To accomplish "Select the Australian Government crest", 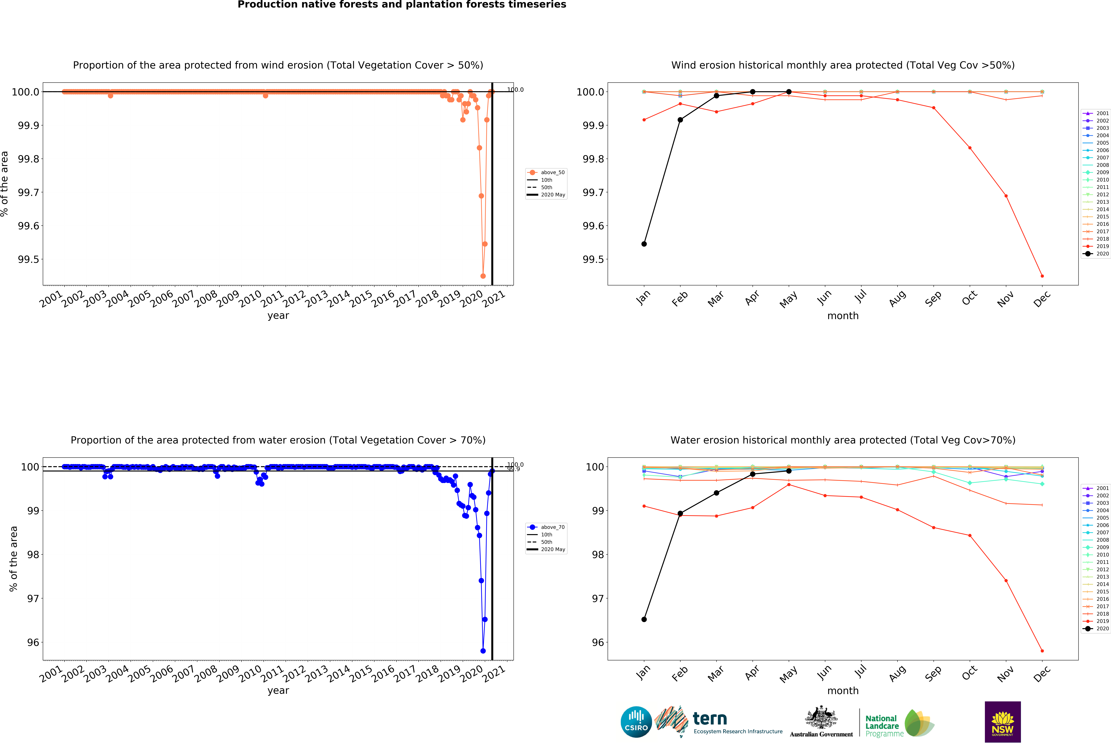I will pyautogui.click(x=821, y=717).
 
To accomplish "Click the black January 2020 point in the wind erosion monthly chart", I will pyautogui.click(x=644, y=244).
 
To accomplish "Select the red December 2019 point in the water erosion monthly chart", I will pyautogui.click(x=1042, y=651).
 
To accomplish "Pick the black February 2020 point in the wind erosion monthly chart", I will pyautogui.click(x=680, y=120).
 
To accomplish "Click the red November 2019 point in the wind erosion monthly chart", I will pyautogui.click(x=1006, y=196).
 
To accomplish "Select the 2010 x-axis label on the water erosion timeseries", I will pyautogui.click(x=250, y=674).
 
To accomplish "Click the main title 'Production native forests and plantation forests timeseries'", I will pyautogui.click(x=402, y=5).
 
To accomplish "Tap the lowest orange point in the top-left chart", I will pyautogui.click(x=483, y=276).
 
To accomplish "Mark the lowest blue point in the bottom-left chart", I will pyautogui.click(x=483, y=651).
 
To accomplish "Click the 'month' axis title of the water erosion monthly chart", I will pyautogui.click(x=843, y=690).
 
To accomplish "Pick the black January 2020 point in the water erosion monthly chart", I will pyautogui.click(x=644, y=619).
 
